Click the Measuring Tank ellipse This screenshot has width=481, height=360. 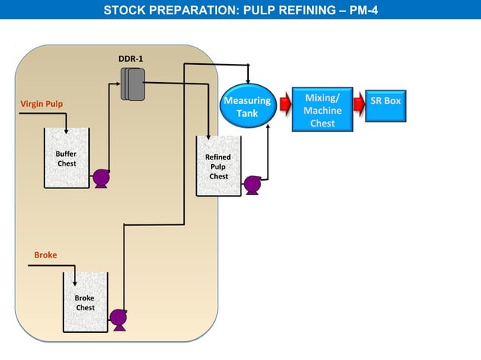coord(247,105)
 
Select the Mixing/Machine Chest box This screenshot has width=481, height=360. coord(322,110)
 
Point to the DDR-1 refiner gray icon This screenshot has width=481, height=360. coord(133,83)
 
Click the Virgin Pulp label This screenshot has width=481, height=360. coord(41,103)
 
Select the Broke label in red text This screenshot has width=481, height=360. coord(45,255)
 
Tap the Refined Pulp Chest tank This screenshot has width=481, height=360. coord(218,166)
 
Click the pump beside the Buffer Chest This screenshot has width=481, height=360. coord(100,178)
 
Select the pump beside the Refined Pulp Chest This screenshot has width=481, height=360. coord(253,185)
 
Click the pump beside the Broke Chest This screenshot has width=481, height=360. coord(118,319)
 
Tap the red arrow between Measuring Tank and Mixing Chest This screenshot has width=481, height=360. coord(285,104)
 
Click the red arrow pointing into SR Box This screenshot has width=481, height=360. coord(357,103)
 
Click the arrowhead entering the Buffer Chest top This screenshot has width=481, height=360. coord(66,129)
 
